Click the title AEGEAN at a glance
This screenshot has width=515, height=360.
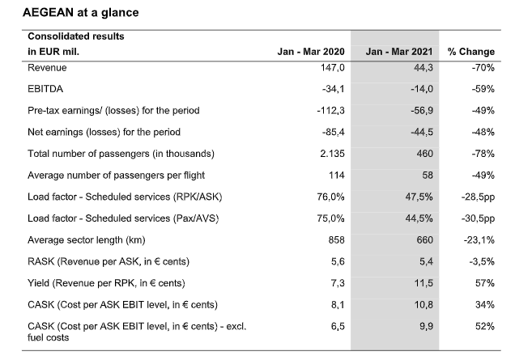[80, 12]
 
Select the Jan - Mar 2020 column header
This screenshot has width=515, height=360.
[311, 52]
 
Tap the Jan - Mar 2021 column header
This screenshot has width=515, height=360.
[399, 52]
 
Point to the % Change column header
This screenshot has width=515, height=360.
[471, 52]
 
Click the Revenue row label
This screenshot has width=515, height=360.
[47, 68]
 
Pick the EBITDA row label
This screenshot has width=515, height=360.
[45, 89]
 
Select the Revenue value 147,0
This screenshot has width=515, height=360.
[333, 68]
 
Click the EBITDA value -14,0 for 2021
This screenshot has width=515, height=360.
[422, 89]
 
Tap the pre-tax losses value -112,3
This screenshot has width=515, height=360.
[330, 111]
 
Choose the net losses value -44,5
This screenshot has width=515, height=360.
[422, 132]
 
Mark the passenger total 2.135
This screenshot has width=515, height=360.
[332, 154]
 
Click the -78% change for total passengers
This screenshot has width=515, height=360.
[483, 154]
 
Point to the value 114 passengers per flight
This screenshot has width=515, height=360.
[337, 176]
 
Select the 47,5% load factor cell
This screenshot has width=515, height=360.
[419, 197]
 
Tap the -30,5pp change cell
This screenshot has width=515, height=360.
[478, 218]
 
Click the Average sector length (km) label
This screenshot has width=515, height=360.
[87, 240]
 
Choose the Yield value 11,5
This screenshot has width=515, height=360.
[423, 283]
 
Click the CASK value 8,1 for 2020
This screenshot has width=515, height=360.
[338, 305]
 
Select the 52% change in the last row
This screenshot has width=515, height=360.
[485, 326]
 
